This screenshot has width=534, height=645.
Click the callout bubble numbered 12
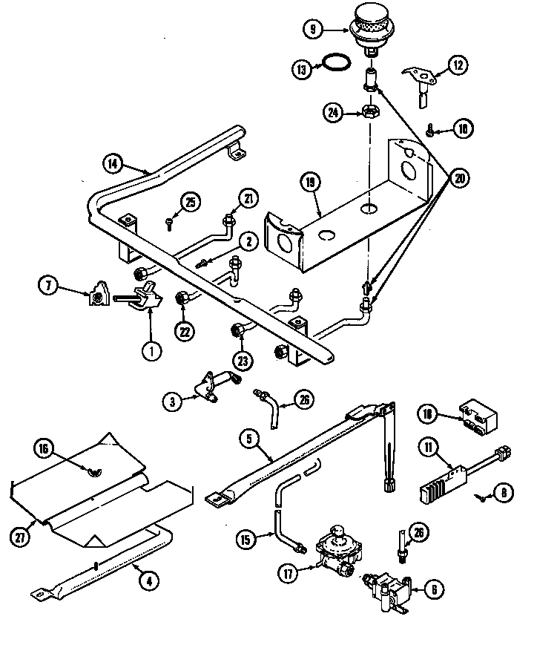click(458, 65)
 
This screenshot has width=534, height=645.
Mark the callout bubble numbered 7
click(48, 284)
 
